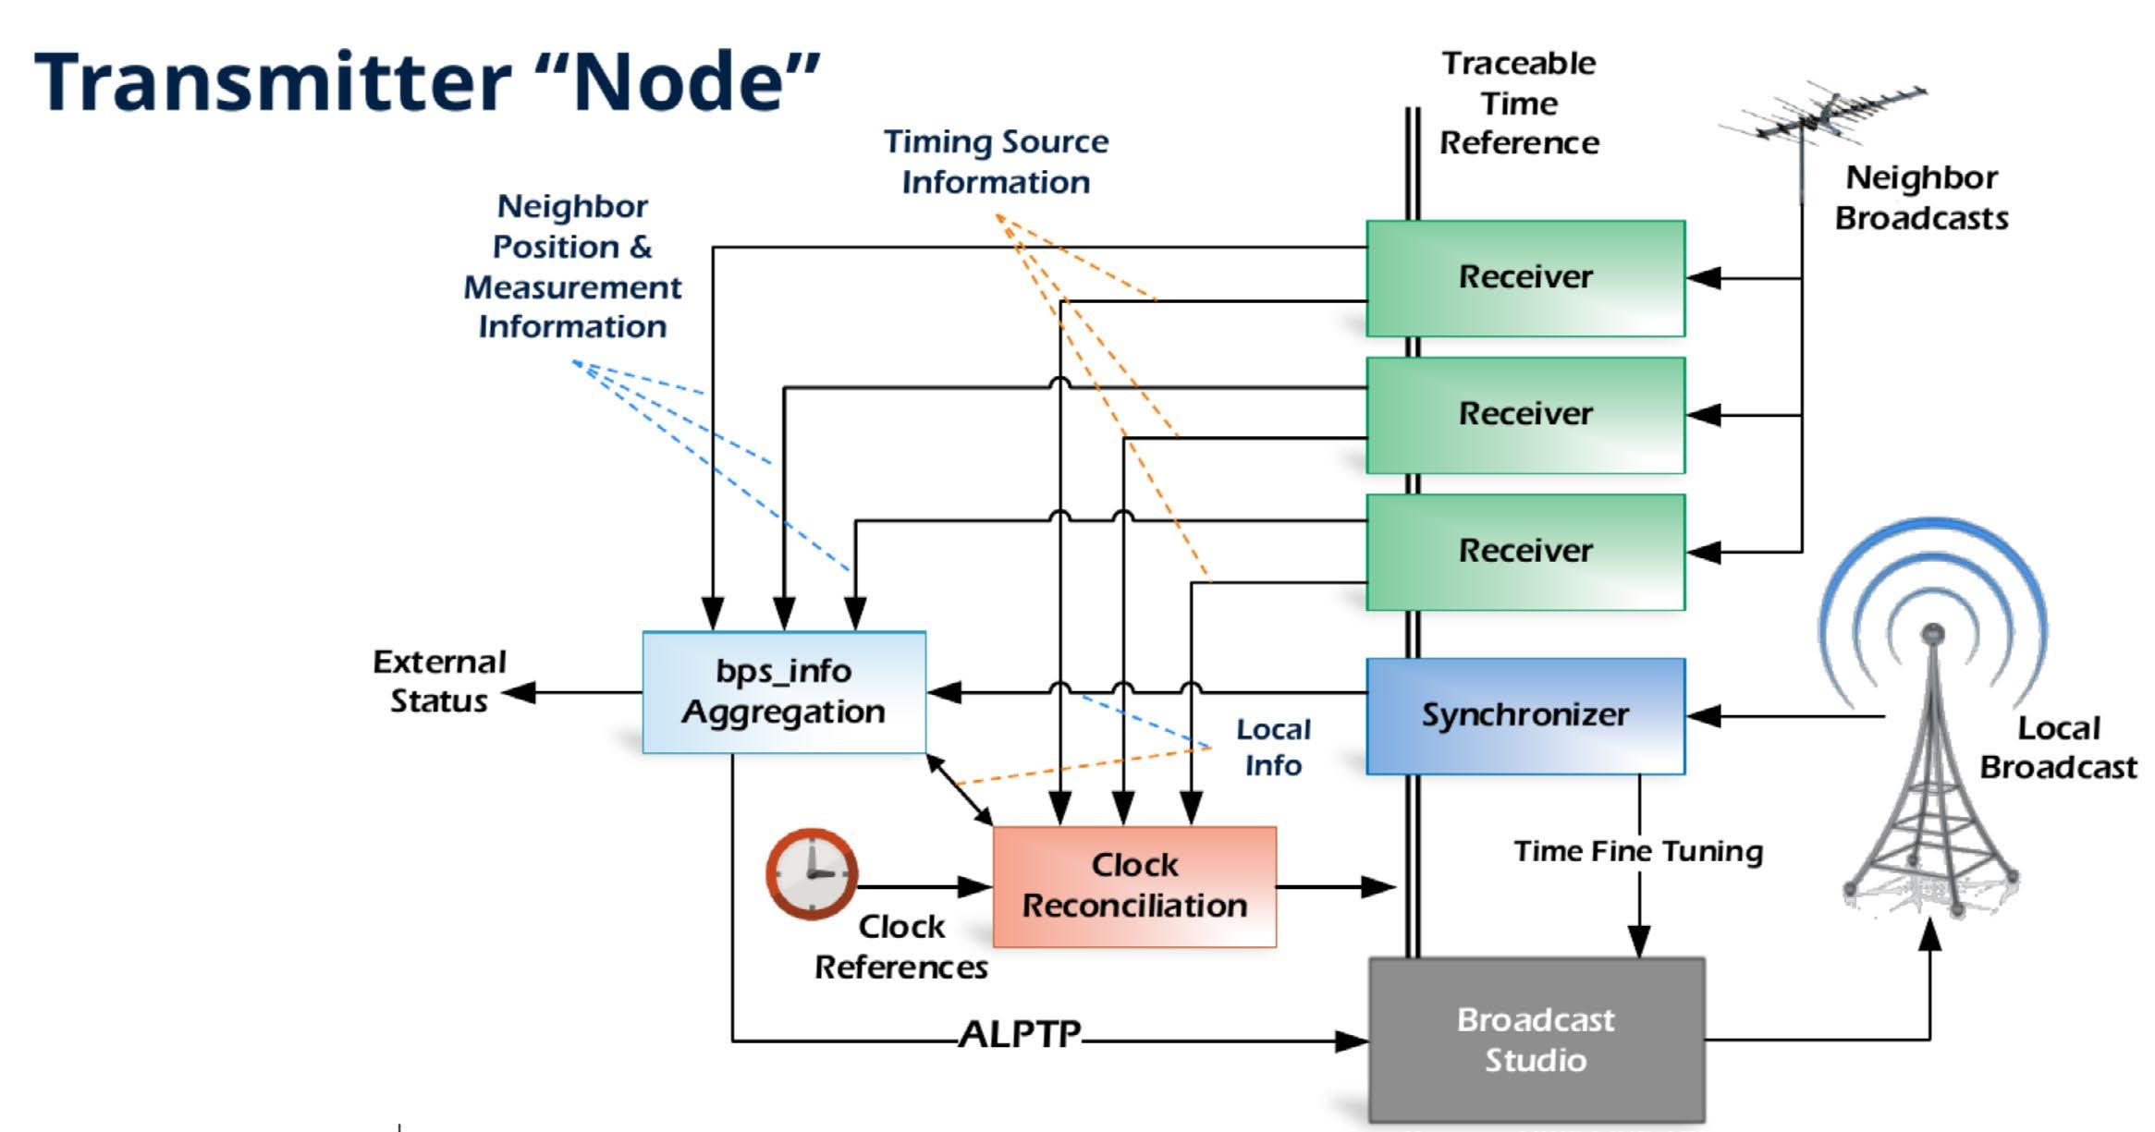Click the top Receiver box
pos(1525,277)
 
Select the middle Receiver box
pos(1525,415)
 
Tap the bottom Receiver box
pos(1525,552)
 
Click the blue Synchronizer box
pos(1525,715)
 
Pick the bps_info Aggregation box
pos(783,691)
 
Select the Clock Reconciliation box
pos(1134,886)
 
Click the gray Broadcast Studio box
pos(1536,1040)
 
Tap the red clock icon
pos(812,873)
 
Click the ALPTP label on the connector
pos(1020,1035)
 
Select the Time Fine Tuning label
pos(1637,851)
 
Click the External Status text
pos(439,681)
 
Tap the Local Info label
pos(1273,747)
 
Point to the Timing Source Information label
pos(996,162)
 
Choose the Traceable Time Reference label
pos(1519,103)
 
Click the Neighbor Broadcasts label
pos(1921,198)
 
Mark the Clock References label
pos(900,946)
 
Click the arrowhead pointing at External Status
pos(519,692)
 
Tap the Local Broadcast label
pos(2058,748)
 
